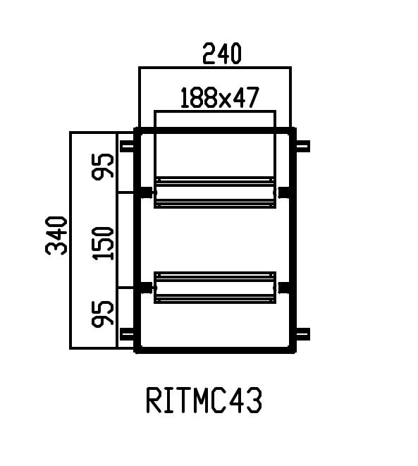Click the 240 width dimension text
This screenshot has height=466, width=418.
click(x=221, y=54)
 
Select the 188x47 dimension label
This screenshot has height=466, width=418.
click(x=218, y=98)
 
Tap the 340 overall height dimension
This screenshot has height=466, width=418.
click(x=56, y=235)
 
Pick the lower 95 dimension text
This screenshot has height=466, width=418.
click(x=104, y=314)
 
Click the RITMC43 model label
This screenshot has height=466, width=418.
click(x=204, y=401)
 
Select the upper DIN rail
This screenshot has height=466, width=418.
click(x=215, y=192)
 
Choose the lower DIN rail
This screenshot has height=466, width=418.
click(x=215, y=287)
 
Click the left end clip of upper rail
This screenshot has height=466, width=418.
click(x=147, y=192)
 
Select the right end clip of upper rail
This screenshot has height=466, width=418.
click(x=283, y=192)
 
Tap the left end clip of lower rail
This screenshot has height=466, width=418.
click(x=147, y=287)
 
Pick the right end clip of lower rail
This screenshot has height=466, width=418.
click(x=283, y=287)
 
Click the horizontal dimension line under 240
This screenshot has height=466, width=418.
click(x=215, y=68)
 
